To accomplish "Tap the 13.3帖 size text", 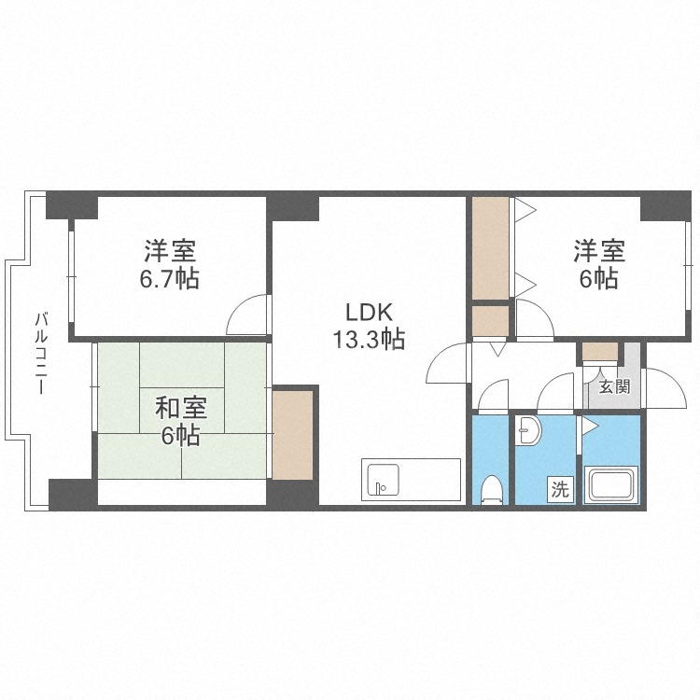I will tap(368, 340).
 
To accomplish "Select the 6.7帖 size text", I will tap(169, 278).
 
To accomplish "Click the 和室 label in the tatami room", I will tap(180, 408).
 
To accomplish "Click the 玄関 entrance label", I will tap(613, 386).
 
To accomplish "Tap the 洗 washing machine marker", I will tap(559, 488).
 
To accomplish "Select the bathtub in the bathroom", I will tap(611, 486).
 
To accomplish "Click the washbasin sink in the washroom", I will tap(528, 432).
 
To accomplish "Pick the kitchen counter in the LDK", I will tap(411, 480).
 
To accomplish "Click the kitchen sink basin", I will tap(382, 480).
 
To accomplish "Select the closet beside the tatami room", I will tap(292, 434).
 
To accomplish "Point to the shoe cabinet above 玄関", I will tap(599, 353).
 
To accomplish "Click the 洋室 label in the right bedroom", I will tap(598, 251).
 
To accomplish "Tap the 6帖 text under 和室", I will tap(180, 435).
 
